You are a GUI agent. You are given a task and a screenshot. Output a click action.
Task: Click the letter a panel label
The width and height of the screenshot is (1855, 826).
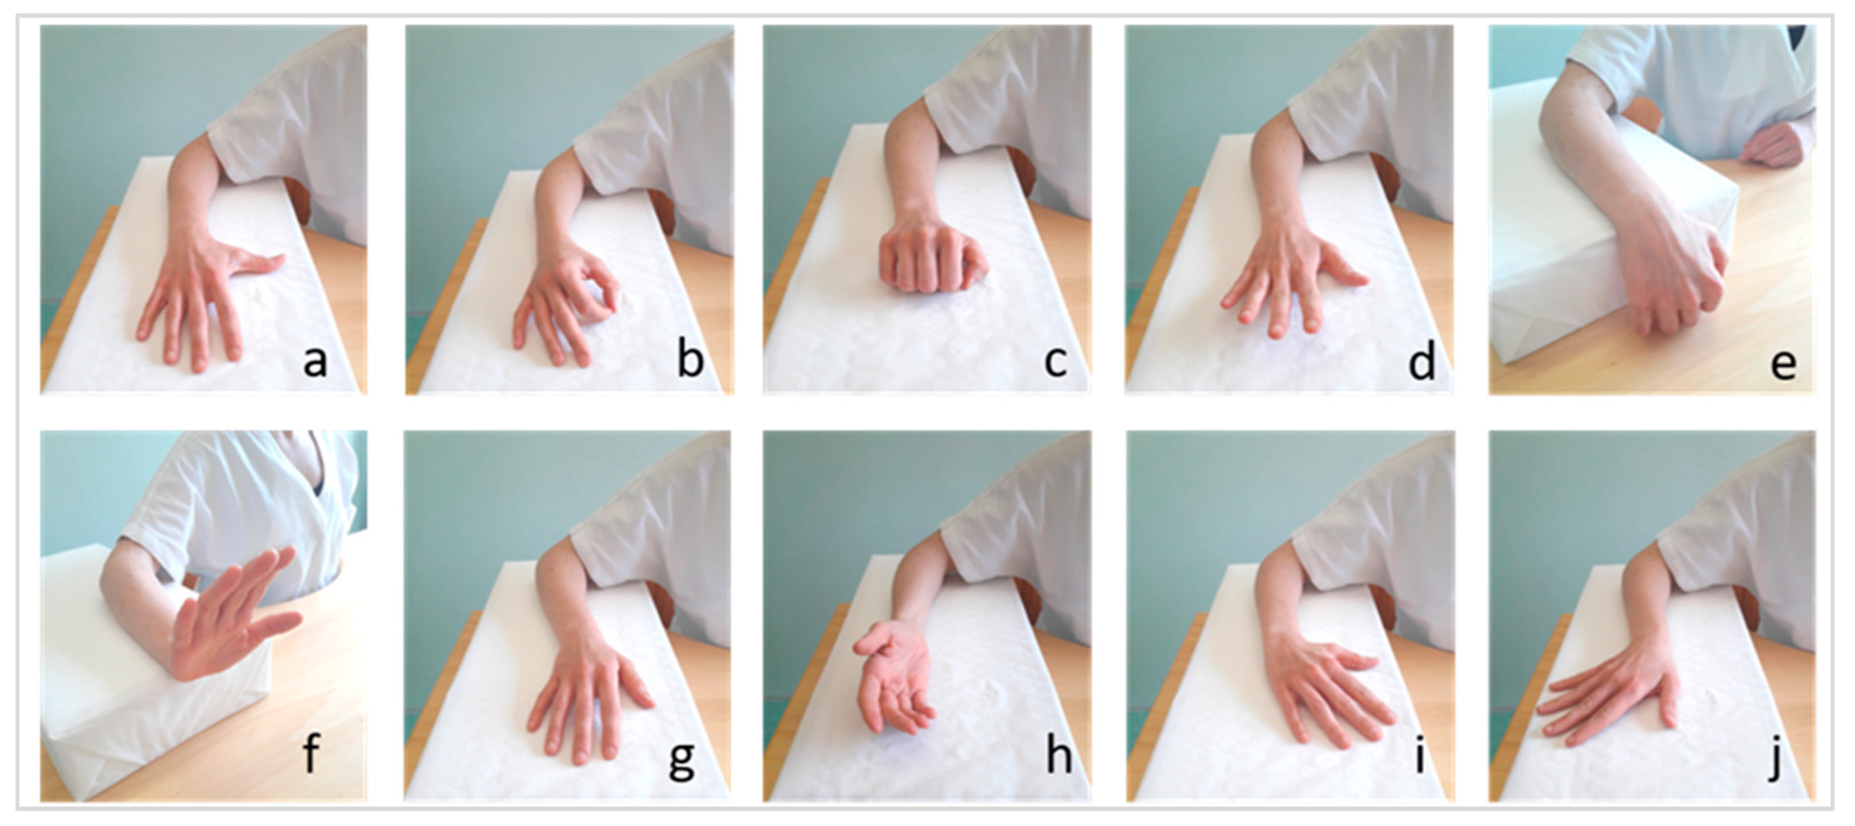[x=315, y=361]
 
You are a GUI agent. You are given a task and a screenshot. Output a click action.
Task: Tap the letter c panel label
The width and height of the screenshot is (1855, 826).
[x=1056, y=362]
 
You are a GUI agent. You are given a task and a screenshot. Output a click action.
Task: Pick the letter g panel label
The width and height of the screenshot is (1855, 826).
[x=681, y=760]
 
